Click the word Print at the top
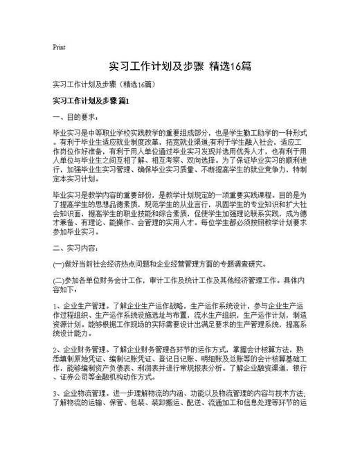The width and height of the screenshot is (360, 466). [x=59, y=48]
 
